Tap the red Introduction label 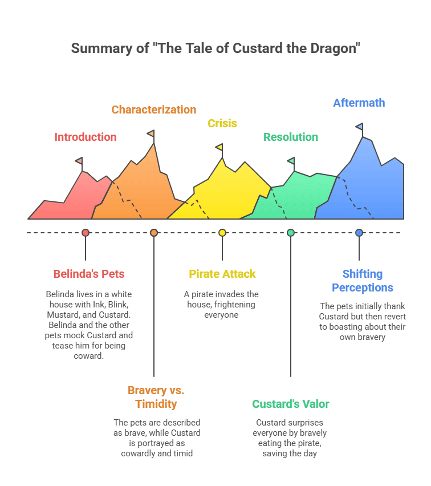click(86, 137)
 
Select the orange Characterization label click(154, 110)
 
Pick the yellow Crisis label click(222, 123)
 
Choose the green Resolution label click(291, 137)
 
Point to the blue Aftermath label click(359, 103)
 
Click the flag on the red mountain click(79, 161)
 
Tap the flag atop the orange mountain click(151, 133)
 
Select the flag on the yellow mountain click(219, 147)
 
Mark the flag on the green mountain click(291, 161)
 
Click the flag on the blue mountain click(359, 126)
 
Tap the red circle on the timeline click(86, 233)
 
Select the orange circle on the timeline click(154, 233)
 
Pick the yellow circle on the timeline click(222, 233)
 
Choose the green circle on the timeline click(291, 233)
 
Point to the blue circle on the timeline click(359, 233)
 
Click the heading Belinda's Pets click(89, 274)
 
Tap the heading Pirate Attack click(222, 274)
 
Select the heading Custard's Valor click(291, 404)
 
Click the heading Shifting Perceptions click(363, 281)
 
